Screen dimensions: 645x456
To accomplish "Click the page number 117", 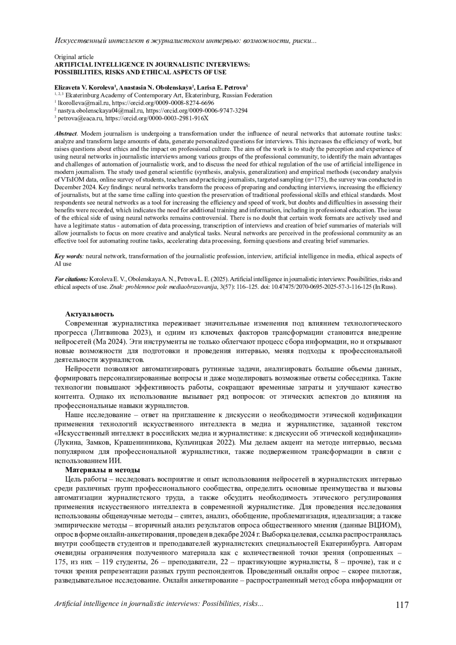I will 402,604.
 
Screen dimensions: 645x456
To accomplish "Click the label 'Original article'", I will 74,57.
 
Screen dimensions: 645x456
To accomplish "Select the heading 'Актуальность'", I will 90,314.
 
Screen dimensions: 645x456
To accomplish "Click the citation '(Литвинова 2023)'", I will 122,333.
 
